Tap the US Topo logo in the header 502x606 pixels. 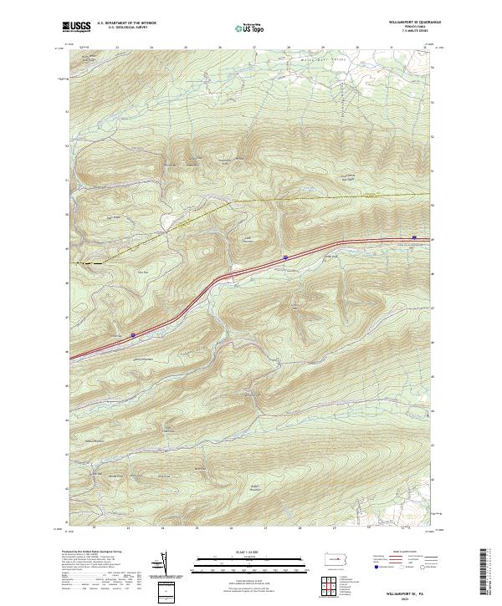click(242, 27)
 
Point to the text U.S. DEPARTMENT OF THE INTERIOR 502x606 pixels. click(126, 24)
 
